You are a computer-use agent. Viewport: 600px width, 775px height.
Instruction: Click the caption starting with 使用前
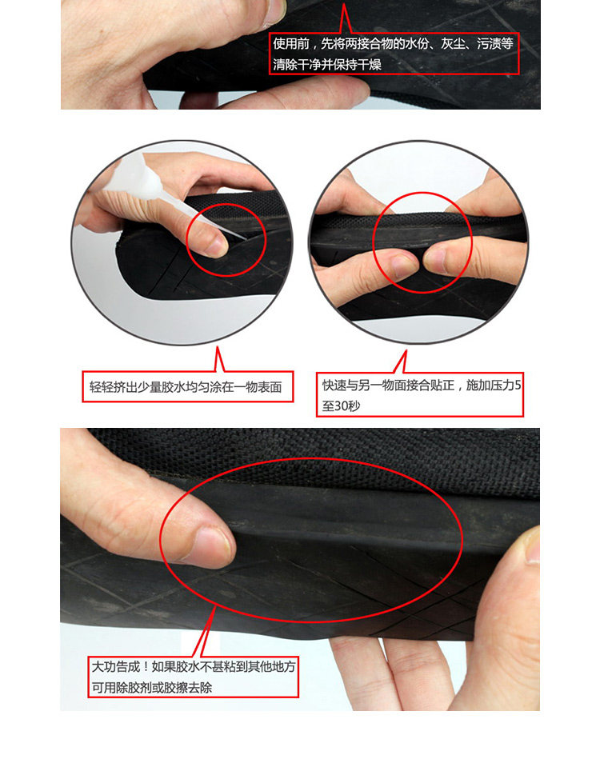(x=394, y=54)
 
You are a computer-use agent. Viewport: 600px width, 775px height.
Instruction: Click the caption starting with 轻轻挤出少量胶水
(x=186, y=386)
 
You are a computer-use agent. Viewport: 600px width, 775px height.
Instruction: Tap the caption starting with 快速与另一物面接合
(x=421, y=395)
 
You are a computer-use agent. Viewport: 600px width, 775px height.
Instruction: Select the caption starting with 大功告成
(x=194, y=677)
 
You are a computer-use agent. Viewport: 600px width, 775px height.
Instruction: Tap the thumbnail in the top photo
(x=274, y=13)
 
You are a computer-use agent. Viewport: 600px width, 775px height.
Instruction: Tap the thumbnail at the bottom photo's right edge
(x=533, y=545)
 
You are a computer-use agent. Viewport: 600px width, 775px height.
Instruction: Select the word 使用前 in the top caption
(x=291, y=44)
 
